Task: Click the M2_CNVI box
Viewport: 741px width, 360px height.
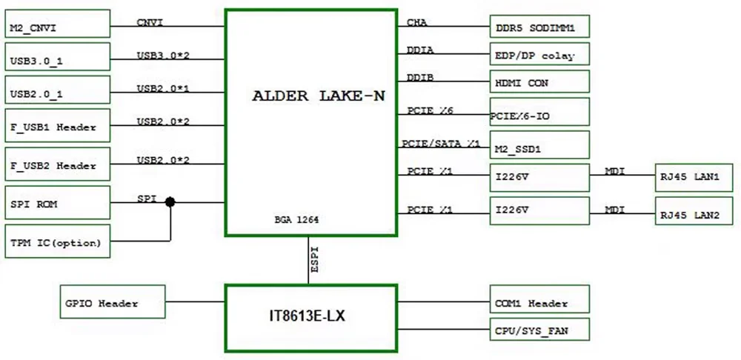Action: [57, 28]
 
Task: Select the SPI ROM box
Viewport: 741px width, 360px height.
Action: [57, 204]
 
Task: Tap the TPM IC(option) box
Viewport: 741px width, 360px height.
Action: [57, 241]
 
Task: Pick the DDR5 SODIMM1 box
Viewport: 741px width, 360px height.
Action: [539, 28]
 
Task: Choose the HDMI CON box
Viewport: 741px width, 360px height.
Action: [539, 82]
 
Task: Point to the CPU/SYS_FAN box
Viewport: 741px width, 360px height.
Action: [539, 330]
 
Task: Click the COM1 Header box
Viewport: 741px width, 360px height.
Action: [539, 303]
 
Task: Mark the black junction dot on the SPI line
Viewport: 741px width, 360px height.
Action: [170, 201]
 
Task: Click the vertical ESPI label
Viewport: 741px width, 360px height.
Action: [316, 260]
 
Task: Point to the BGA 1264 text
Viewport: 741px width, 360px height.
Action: [296, 220]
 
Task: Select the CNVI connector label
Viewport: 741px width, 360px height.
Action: [150, 22]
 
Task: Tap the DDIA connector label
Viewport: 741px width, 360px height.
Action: [420, 50]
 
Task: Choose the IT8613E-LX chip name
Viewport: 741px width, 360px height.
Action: [307, 316]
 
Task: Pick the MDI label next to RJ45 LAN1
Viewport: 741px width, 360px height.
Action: [614, 172]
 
